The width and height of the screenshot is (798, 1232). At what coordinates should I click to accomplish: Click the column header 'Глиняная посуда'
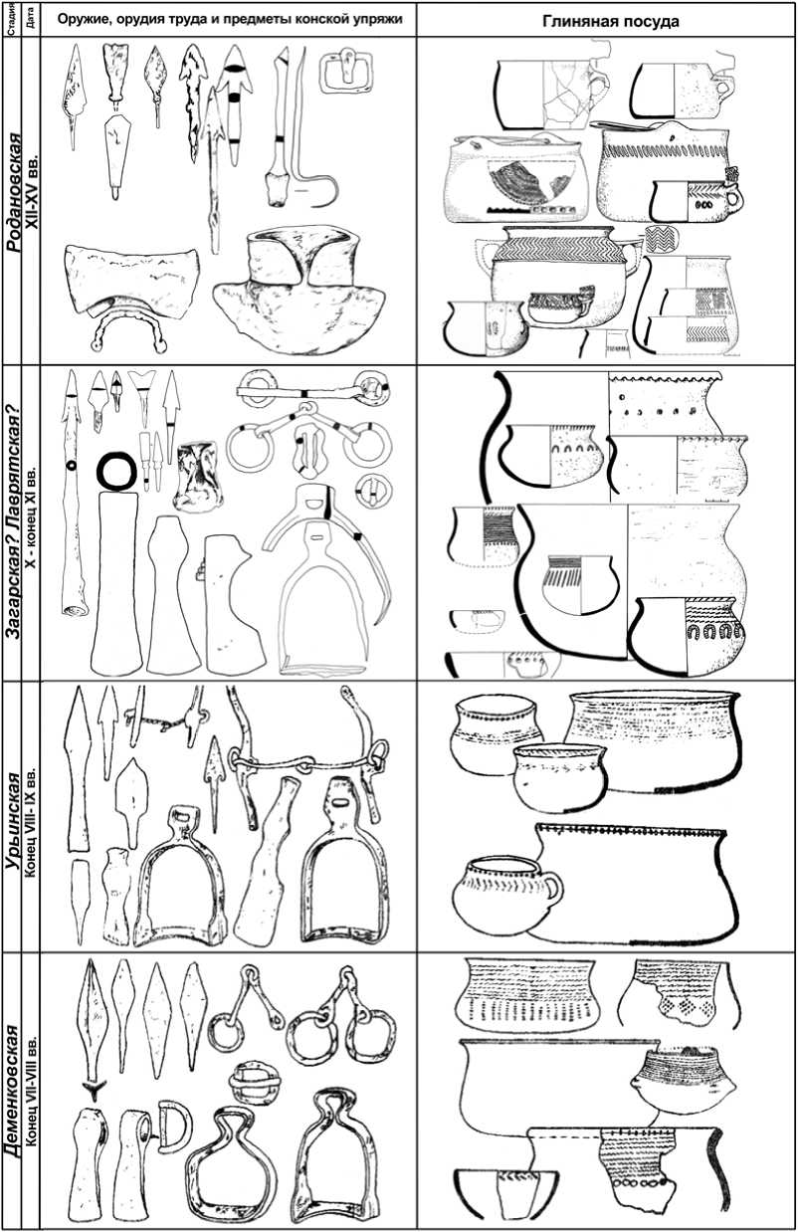point(611,21)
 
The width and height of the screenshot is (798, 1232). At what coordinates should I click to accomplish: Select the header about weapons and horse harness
point(230,19)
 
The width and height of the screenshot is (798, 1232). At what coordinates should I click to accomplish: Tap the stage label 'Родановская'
point(14,192)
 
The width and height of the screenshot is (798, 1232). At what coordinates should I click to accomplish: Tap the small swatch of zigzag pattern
point(662,239)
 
